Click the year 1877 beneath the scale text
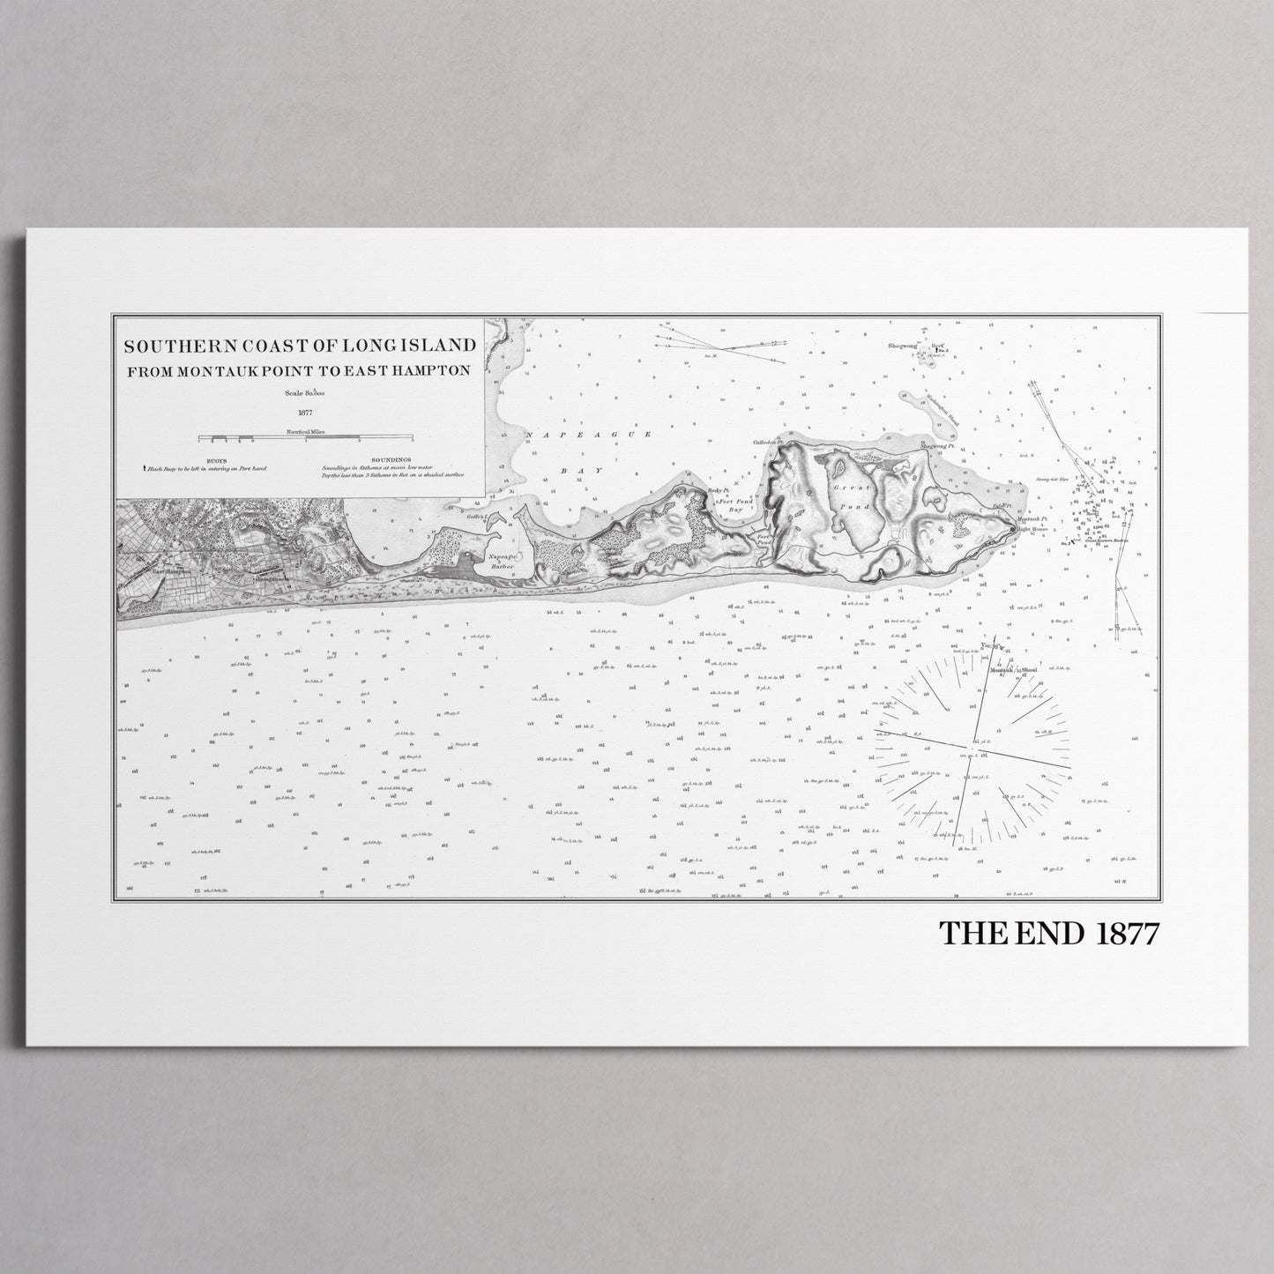point(306,411)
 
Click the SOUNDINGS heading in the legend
point(391,460)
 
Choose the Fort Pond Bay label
point(731,504)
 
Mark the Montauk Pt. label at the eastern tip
point(1031,519)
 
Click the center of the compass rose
point(973,750)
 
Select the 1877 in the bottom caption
point(1127,934)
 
